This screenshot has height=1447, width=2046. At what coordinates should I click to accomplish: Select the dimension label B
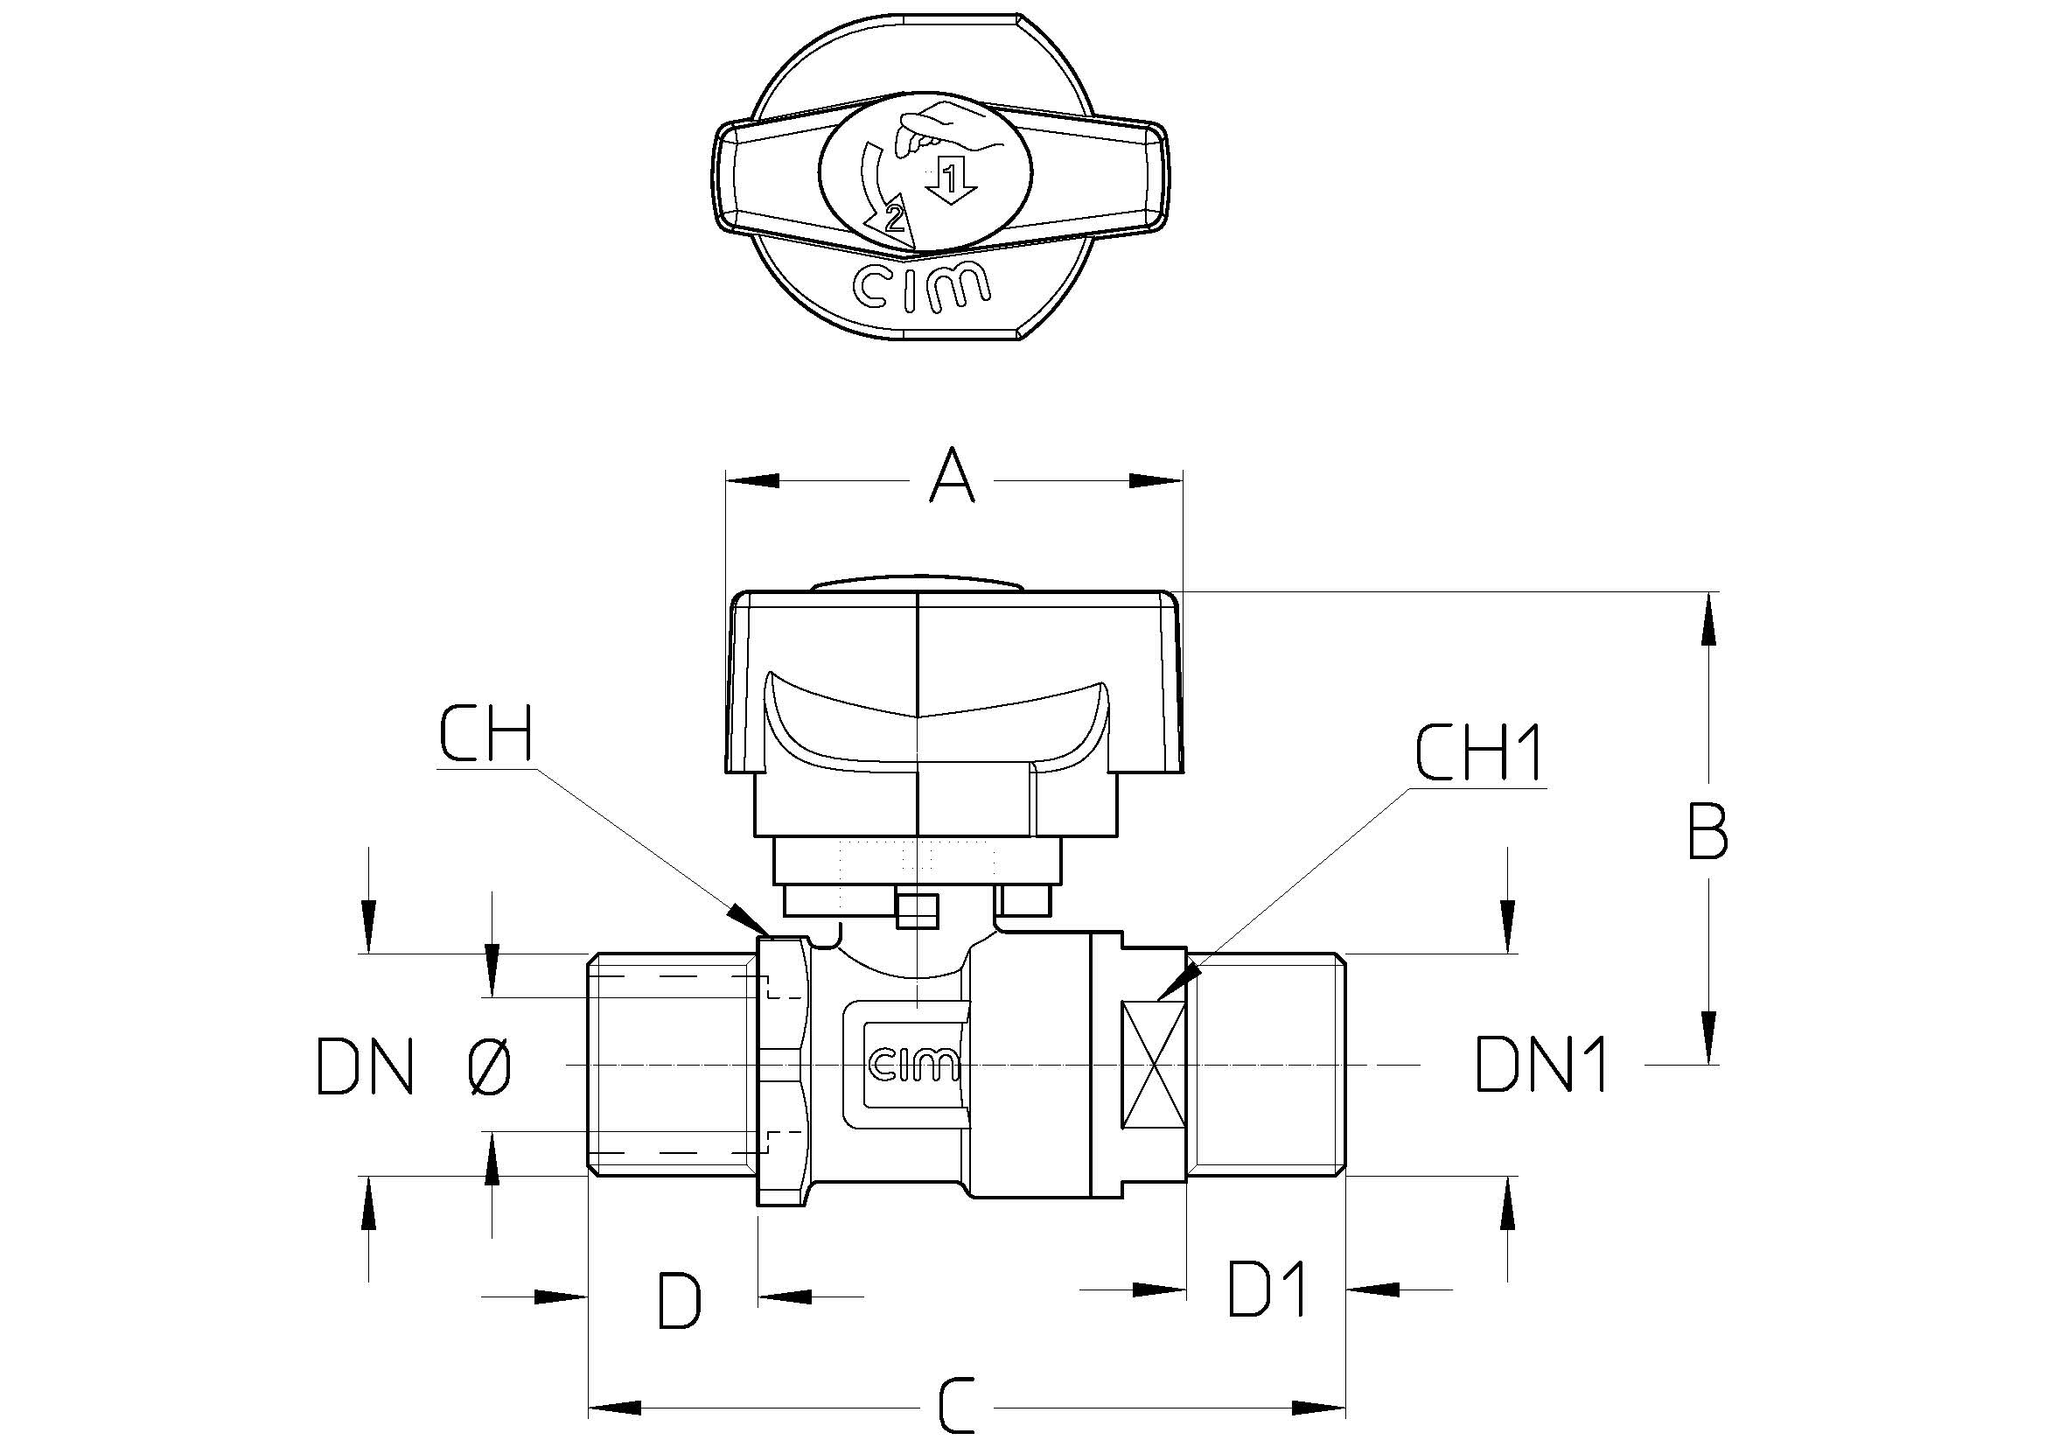pos(1707,832)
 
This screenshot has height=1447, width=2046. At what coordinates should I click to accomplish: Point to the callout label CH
pos(485,733)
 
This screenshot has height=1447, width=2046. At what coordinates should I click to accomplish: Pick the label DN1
pos(1540,1065)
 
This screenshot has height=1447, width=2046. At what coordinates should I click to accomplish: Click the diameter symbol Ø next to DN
pos(489,1066)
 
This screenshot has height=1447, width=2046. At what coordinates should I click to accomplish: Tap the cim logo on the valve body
pos(912,1065)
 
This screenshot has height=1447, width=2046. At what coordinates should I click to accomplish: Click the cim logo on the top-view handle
pos(921,285)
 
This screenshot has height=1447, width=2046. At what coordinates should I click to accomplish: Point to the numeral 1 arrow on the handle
pos(951,181)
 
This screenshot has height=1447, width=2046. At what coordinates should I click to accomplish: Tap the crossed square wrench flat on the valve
pos(1154,1066)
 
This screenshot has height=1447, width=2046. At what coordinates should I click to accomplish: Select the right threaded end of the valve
pos(1267,1065)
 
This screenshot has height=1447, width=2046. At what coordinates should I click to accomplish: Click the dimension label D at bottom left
pos(679,1301)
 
